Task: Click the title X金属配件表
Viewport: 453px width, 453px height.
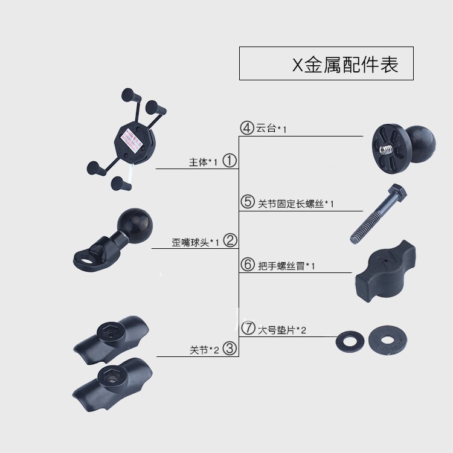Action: (x=345, y=65)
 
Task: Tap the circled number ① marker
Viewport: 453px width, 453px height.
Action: (x=230, y=161)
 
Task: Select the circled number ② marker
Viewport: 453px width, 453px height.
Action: (x=230, y=241)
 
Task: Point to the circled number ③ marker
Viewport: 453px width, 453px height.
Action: (x=230, y=349)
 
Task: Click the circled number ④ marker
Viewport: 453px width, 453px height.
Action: (x=247, y=128)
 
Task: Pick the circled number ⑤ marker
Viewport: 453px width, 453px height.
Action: (x=248, y=202)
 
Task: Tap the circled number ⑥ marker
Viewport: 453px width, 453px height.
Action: (x=248, y=265)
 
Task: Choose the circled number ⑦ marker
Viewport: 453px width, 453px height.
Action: (x=248, y=329)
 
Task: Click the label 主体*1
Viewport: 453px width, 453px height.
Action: (x=203, y=162)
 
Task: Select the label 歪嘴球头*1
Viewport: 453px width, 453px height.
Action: (x=194, y=242)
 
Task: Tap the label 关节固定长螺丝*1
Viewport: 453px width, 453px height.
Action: (x=296, y=204)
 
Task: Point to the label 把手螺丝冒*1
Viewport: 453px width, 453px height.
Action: (x=287, y=266)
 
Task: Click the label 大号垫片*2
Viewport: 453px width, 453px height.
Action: (x=282, y=330)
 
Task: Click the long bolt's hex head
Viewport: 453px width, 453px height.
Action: (x=398, y=194)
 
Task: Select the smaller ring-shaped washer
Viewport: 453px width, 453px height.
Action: (x=349, y=339)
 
